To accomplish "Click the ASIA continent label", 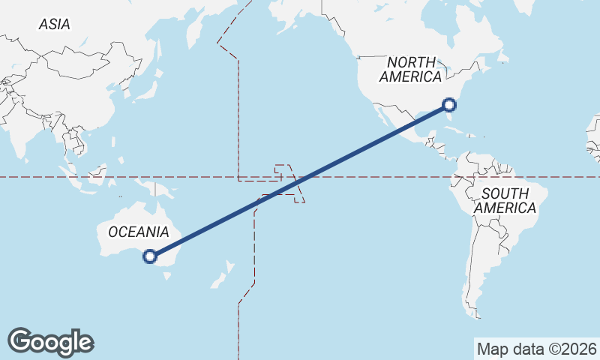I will pos(54,24).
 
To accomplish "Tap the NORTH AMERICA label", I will pos(410,69).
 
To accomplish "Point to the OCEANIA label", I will pos(138,232).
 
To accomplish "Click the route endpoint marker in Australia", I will pos(150,256).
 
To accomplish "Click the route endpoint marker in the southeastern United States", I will pos(449,105).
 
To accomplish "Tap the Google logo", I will pos(50,342).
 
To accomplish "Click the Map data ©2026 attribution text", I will pos(536,349).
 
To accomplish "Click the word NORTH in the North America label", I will pos(411,62).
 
